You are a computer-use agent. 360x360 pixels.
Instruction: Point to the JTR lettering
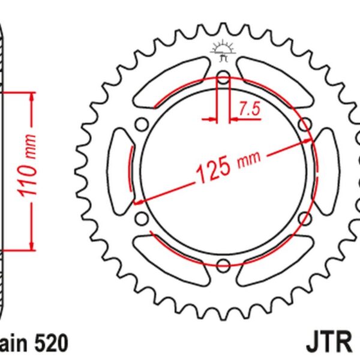point(331,343)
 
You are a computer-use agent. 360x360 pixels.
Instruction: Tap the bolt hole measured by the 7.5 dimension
point(223,78)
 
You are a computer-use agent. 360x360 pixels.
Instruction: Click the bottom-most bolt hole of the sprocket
point(223,265)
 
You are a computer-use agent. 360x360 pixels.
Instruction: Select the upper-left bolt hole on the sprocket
point(142,125)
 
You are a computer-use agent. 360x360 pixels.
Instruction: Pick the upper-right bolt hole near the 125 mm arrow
point(304,125)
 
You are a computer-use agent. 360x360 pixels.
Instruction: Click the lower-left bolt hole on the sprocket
point(142,218)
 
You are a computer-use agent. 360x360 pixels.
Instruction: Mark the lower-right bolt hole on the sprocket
point(304,218)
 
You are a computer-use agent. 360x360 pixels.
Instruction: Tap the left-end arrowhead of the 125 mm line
point(140,202)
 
